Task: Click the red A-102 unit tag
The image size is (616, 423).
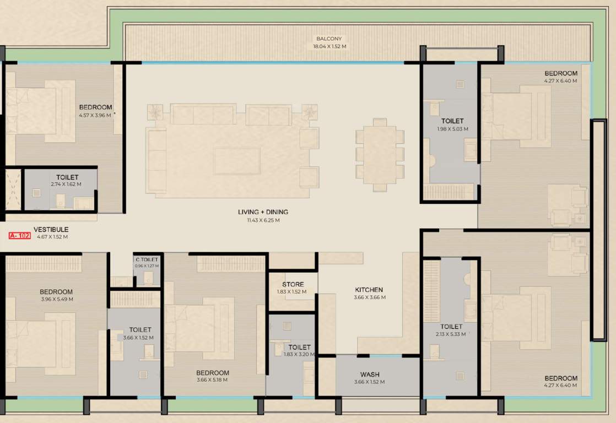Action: [19, 236]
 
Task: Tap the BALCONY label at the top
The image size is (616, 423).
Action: [329, 39]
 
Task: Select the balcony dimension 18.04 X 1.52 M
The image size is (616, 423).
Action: [329, 47]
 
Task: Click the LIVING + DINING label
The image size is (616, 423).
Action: [263, 212]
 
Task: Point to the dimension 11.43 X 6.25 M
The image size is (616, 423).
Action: [263, 220]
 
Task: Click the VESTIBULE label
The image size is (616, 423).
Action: [51, 229]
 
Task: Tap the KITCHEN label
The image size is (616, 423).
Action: [369, 290]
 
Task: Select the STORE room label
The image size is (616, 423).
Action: [293, 285]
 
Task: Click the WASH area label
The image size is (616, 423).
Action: [369, 375]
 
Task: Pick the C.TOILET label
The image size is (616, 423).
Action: [147, 259]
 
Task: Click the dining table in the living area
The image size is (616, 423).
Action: [380, 155]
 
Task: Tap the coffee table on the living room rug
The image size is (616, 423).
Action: [237, 161]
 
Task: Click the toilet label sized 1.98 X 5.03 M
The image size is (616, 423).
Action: [452, 121]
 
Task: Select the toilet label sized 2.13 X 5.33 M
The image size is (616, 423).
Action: [451, 327]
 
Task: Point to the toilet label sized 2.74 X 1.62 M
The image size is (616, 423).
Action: [67, 177]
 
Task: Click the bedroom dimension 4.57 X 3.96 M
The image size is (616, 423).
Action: [95, 116]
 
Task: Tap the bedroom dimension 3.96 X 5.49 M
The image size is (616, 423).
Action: [56, 300]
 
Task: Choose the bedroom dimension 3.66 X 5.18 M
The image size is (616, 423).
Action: [212, 380]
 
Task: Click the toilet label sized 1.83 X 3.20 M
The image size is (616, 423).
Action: [299, 348]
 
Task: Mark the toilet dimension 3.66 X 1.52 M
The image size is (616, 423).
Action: [138, 338]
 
